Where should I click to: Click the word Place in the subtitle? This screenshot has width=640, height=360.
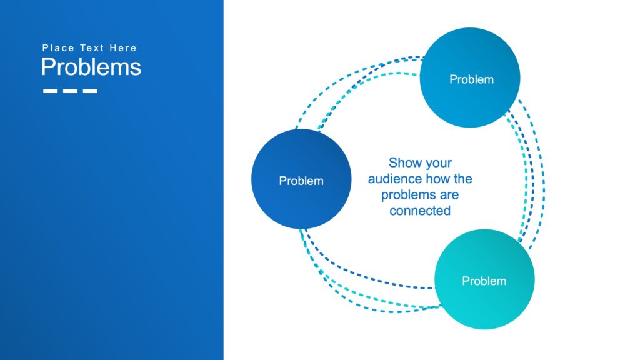tap(58, 48)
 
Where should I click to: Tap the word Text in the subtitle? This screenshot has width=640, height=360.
tap(92, 48)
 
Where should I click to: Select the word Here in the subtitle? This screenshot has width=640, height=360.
tap(123, 48)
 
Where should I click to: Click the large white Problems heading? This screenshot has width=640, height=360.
tap(91, 67)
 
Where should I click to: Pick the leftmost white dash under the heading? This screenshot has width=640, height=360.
tap(51, 91)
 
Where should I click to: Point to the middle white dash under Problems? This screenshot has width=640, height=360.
tap(70, 91)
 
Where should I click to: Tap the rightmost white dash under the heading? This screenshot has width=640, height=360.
tap(91, 91)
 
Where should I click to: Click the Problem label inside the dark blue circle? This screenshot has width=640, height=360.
tap(301, 181)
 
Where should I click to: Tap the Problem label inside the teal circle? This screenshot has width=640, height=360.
tap(484, 281)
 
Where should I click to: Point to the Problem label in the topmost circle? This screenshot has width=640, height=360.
tap(471, 79)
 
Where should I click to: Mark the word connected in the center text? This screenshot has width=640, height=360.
tap(420, 211)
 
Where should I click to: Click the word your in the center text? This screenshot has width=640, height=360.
tap(438, 163)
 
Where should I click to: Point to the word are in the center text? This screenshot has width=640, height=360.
tap(447, 195)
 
